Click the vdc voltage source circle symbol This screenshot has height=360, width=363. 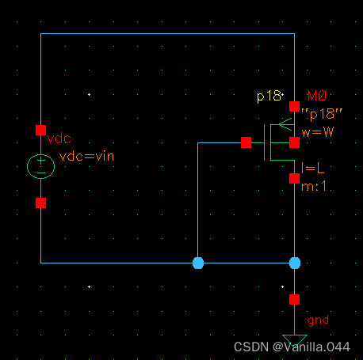[40, 166]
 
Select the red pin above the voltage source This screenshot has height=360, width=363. [40, 130]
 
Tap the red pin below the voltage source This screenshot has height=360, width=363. [40, 203]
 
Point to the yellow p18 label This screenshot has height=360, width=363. [269, 96]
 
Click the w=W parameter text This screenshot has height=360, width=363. [317, 131]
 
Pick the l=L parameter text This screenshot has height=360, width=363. [311, 167]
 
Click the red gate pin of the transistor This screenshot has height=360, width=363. [246, 142]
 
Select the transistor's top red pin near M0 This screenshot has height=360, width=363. [294, 105]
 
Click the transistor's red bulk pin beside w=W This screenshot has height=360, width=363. [294, 142]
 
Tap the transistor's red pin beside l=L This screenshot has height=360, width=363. [294, 178]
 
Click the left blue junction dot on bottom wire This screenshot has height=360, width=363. [198, 263]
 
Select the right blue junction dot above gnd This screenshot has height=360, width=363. [295, 263]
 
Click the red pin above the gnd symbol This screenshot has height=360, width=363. [294, 299]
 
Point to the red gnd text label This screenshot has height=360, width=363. [317, 320]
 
